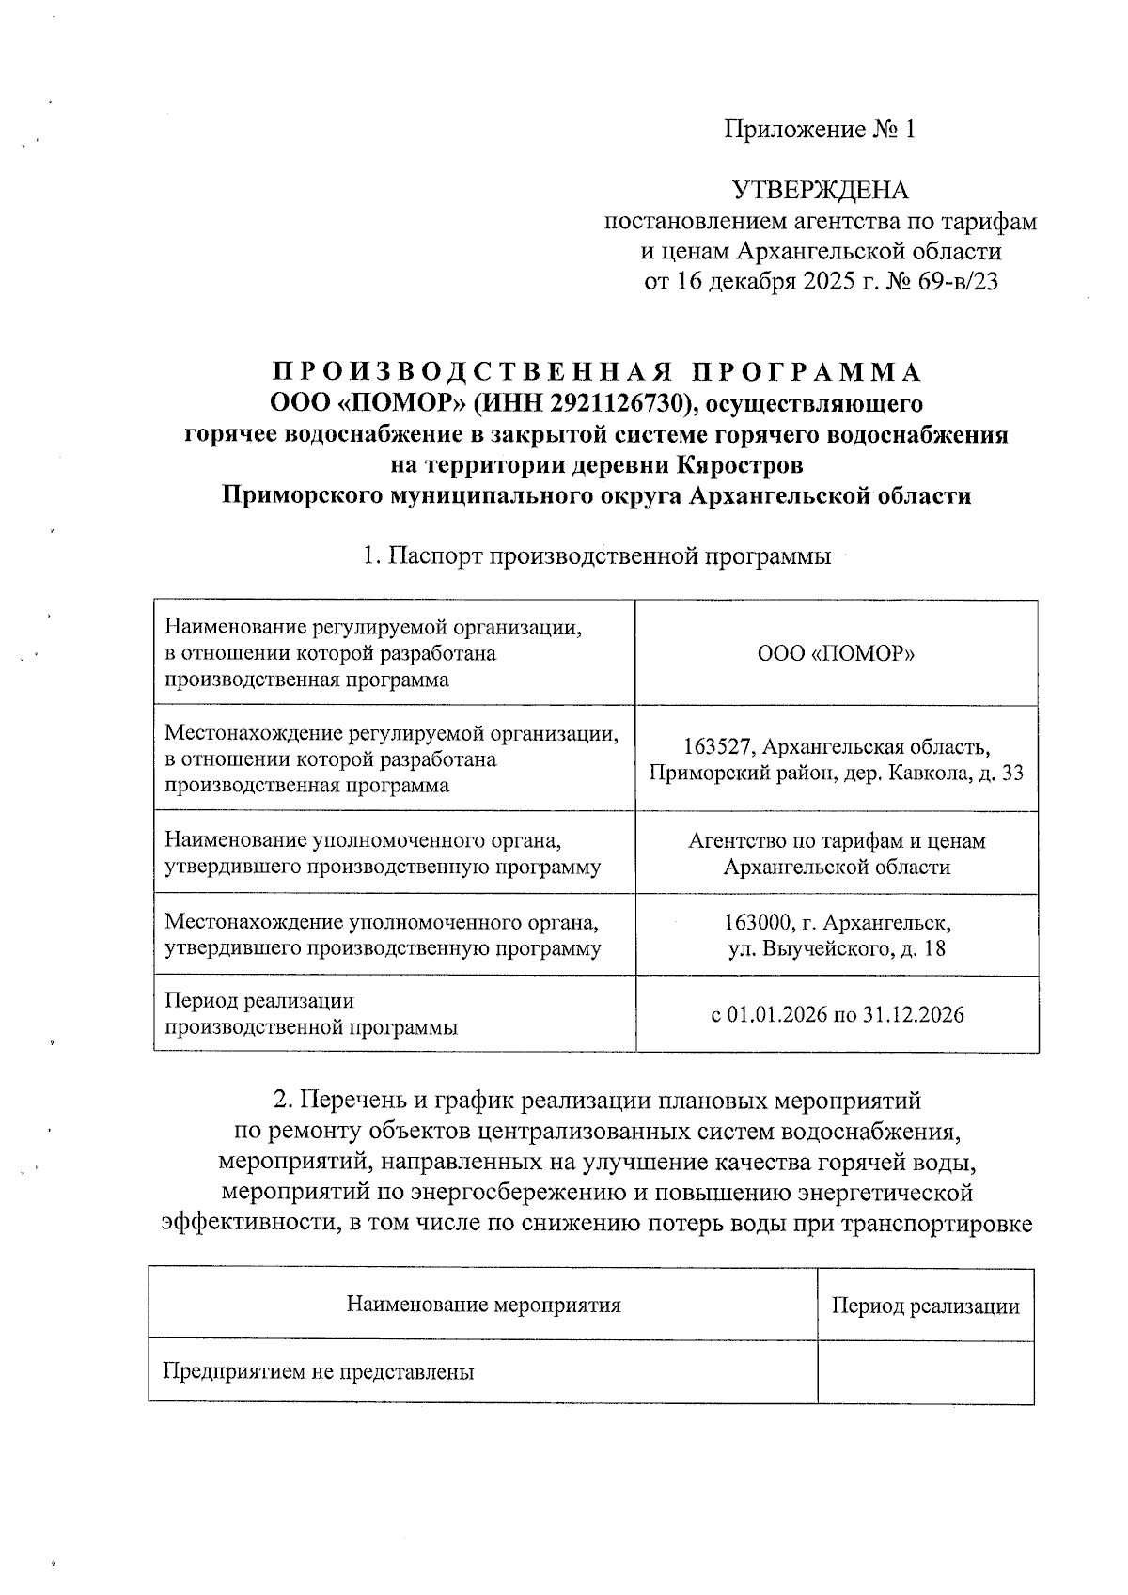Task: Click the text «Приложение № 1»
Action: pos(819,130)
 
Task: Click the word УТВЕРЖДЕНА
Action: pos(820,191)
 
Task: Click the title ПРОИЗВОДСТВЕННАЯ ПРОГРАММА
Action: pos(597,372)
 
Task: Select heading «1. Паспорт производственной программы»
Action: pos(597,556)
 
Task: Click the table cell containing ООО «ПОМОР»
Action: pos(837,653)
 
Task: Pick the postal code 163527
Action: pos(717,747)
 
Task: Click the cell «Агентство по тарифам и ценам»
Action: pos(837,841)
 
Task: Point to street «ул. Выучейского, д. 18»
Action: pos(837,948)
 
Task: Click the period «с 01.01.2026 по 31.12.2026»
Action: pos(837,1015)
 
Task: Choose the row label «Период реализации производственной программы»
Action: pos(310,1014)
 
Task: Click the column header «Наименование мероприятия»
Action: pos(483,1305)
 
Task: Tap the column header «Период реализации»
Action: pos(925,1306)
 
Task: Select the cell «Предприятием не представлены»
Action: pos(319,1372)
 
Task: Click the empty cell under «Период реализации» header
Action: pos(925,1372)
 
